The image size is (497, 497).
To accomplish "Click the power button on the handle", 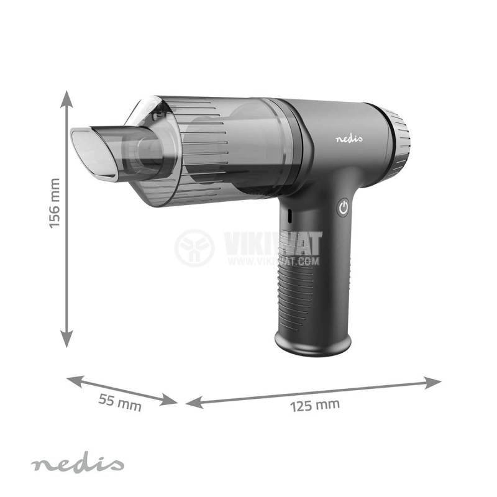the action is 344,208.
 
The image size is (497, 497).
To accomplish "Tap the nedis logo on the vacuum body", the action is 349,138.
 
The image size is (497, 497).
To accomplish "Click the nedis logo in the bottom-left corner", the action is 77,465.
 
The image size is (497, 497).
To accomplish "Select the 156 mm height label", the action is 55,203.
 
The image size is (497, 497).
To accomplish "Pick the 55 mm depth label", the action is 120,403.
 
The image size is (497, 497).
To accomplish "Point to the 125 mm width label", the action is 315,406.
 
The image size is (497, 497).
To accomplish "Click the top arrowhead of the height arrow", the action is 66,99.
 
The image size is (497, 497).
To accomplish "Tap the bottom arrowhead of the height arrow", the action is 66,339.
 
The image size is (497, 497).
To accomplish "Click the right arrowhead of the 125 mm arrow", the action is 432,382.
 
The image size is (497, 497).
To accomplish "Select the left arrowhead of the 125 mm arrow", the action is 194,402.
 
